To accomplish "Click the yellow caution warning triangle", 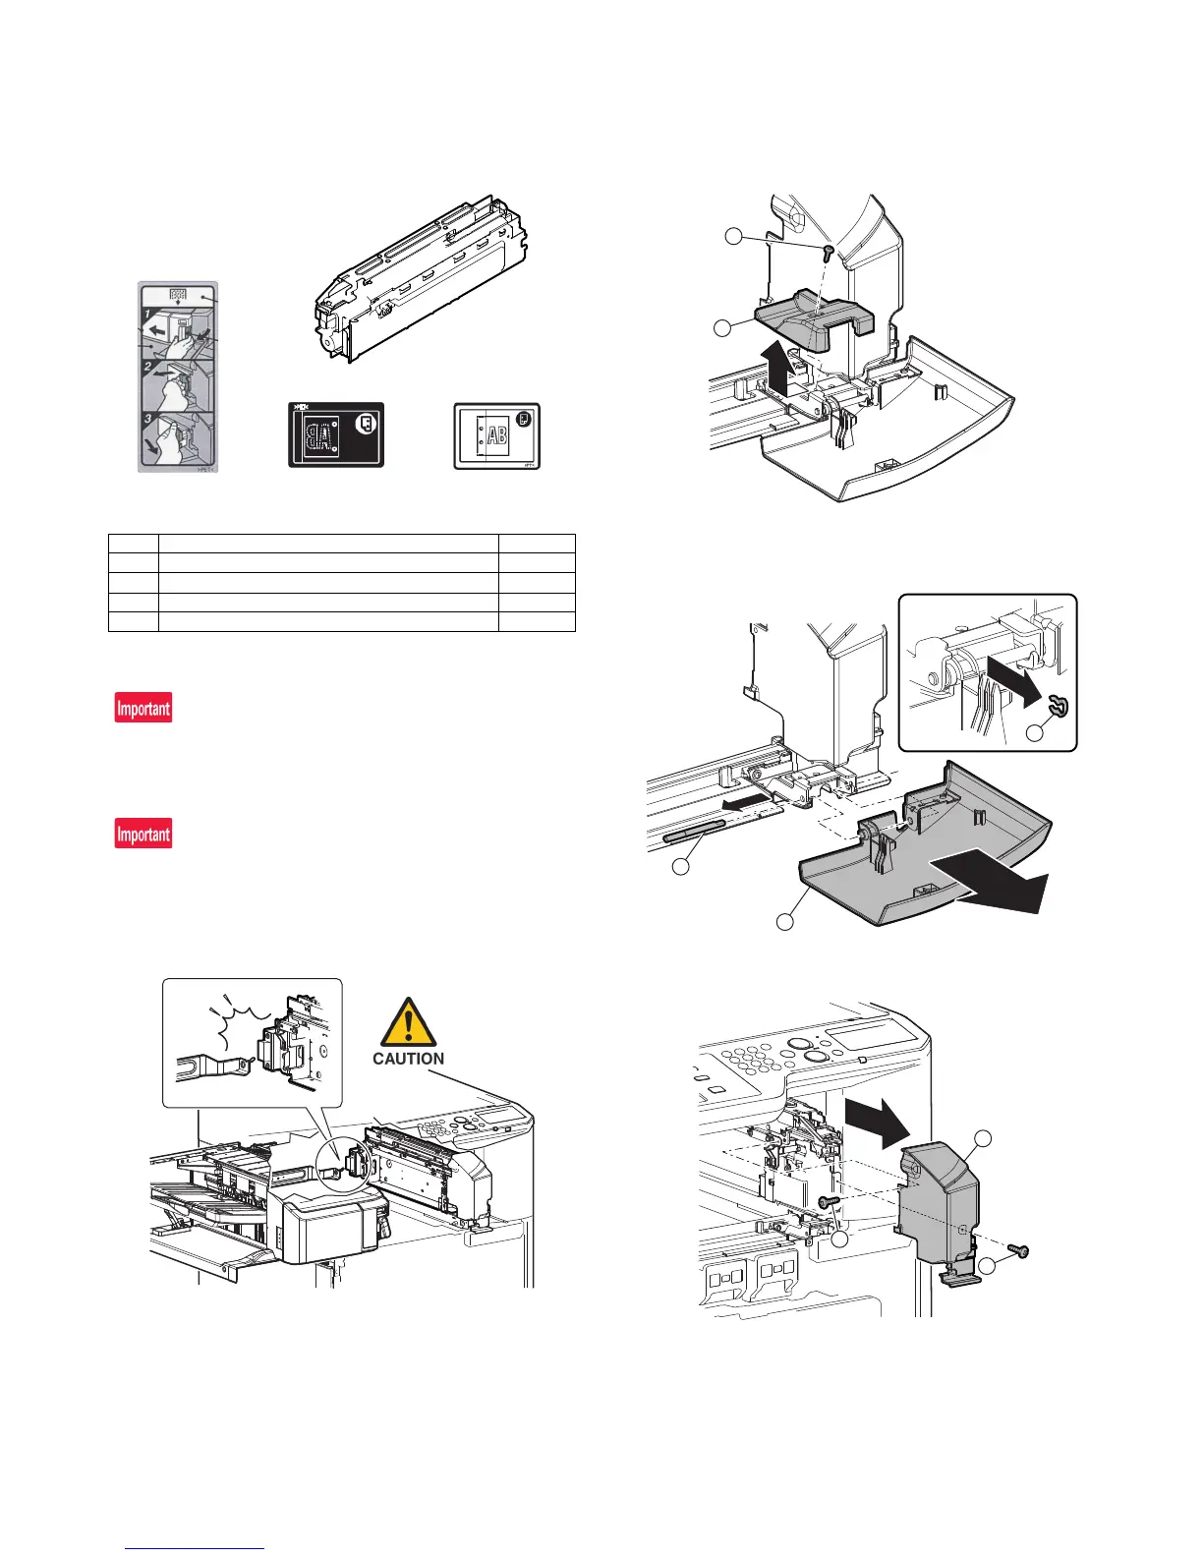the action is point(407,1022).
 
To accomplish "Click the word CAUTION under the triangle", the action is point(408,1059).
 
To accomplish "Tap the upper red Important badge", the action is point(143,708).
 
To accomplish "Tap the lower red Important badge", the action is point(143,834).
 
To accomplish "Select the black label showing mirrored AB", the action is point(335,434).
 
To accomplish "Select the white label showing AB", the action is point(496,434).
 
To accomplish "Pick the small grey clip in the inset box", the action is point(1060,706).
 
